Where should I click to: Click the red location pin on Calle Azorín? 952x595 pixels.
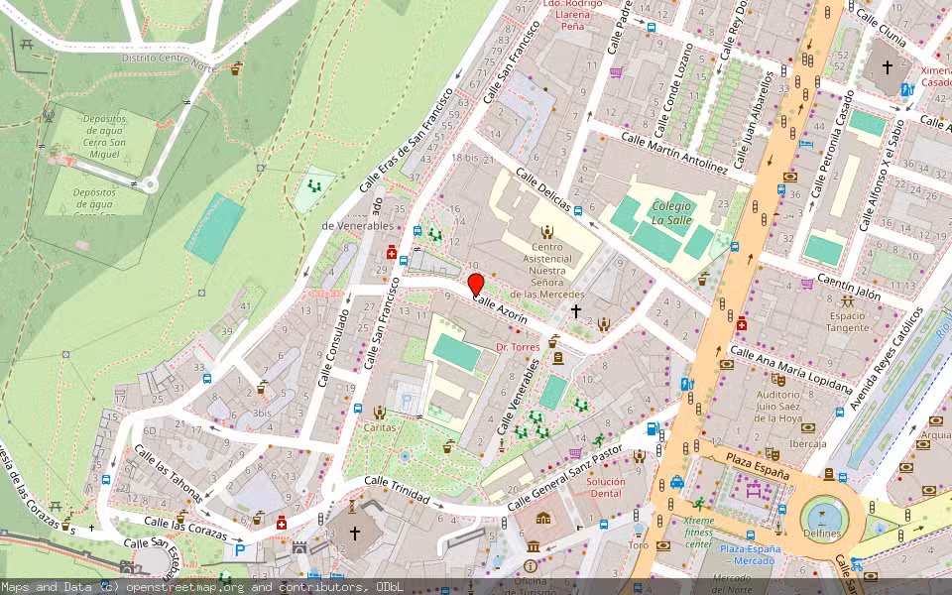click(x=476, y=285)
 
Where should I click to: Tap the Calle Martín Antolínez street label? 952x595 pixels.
click(x=674, y=153)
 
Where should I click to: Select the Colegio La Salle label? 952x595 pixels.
click(x=671, y=211)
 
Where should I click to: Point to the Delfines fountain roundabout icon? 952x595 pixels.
click(x=822, y=515)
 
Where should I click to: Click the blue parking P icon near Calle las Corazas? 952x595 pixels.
click(x=238, y=549)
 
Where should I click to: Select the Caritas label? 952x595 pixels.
click(x=380, y=427)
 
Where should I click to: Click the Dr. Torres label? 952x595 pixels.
click(x=519, y=347)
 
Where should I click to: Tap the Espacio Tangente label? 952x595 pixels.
click(x=848, y=320)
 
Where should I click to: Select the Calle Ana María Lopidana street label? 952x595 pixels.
click(x=791, y=369)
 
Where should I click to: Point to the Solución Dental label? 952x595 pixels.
click(x=606, y=487)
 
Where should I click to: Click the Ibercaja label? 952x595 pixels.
click(x=808, y=443)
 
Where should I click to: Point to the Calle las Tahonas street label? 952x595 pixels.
click(x=169, y=474)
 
